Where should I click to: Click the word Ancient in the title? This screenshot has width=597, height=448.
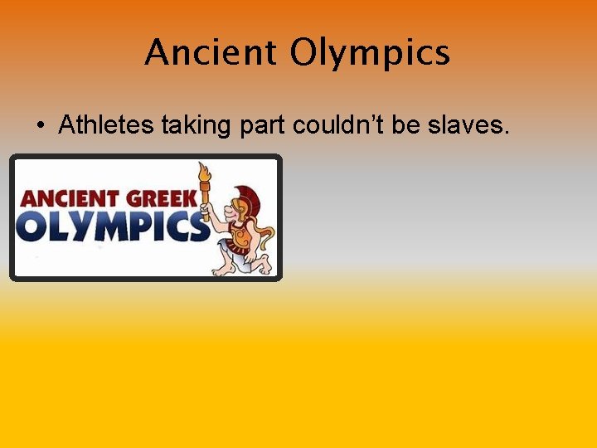point(211,54)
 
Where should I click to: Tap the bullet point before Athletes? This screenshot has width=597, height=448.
point(40,127)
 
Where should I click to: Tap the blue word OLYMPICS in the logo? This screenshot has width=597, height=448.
point(111,226)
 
